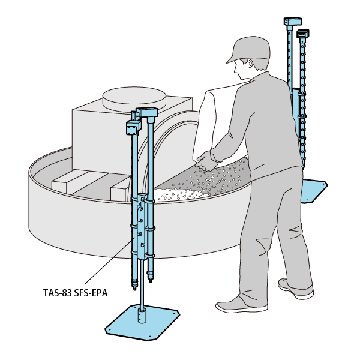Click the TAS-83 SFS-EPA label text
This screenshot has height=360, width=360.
coord(76,293)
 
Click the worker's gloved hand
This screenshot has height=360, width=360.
coord(205,161)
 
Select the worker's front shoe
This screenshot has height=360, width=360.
coord(241,305)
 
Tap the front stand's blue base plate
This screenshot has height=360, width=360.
coord(142,322)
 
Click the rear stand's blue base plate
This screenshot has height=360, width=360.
coord(314,191)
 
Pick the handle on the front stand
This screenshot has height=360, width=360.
coord(140,214)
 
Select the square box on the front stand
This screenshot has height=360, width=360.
coord(133,128)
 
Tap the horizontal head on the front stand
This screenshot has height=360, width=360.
coord(147,112)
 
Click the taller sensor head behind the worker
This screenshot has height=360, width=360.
coord(293,22)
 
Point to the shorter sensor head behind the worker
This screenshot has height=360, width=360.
coord(302,34)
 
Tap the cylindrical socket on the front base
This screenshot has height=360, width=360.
coord(142,316)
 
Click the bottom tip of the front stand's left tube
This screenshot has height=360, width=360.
coord(135,289)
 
